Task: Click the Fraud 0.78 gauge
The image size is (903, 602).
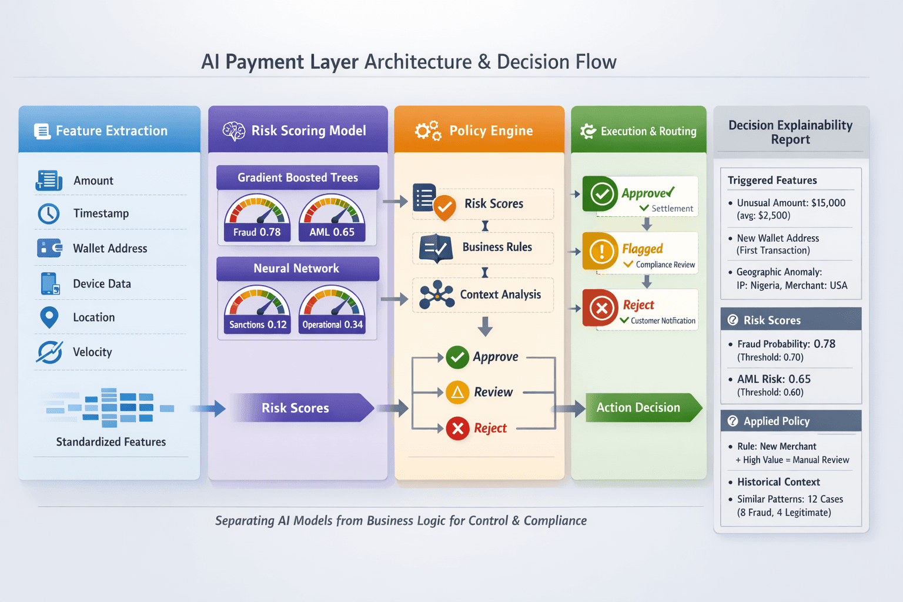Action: coord(257,218)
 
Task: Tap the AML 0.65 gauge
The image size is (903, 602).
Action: coord(332,218)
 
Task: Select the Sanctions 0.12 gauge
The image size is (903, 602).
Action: coord(257,310)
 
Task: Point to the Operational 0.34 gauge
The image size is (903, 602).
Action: coord(332,310)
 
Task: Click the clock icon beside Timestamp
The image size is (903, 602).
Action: coord(49,213)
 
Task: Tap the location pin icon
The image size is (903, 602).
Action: coord(49,317)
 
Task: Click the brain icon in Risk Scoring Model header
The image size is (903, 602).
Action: coord(234,131)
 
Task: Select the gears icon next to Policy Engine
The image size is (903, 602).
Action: coord(428,131)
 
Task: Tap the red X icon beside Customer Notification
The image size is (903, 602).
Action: coord(601,307)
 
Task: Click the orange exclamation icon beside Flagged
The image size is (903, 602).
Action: coord(601,251)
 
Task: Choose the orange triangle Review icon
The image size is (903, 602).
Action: coord(457,392)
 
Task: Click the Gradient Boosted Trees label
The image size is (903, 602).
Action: coord(297,178)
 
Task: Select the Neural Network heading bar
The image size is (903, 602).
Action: coord(297,269)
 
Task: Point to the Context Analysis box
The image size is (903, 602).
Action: coord(483,295)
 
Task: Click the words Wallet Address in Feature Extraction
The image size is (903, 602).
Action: coord(110,249)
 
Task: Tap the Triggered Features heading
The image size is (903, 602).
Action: coord(772,180)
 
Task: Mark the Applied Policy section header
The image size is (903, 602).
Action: coord(791,421)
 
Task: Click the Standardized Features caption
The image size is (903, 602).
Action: coord(111,442)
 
